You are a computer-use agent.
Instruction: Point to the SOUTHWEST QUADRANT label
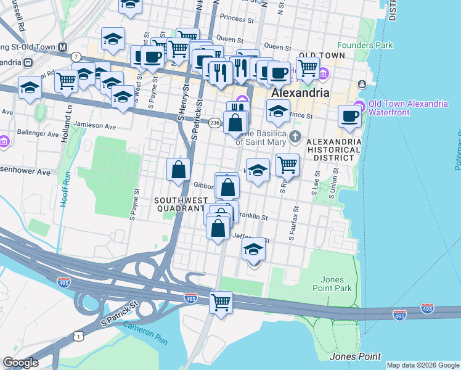pos(180,204)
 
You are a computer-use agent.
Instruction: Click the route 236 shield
pos(214,123)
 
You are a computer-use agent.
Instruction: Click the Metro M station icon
pos(62,47)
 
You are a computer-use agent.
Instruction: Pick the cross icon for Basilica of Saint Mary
pos(296,136)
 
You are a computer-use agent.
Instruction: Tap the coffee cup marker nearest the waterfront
pos(350,116)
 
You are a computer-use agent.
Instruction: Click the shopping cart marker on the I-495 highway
pos(221,302)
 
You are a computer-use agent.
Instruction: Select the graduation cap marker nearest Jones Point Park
pos(253,250)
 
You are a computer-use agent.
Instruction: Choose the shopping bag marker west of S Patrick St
pos(178,169)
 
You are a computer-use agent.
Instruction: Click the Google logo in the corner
pos(20,363)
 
